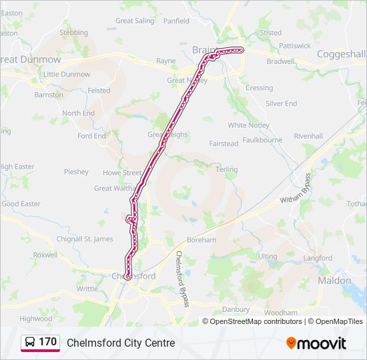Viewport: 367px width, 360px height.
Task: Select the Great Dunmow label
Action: coord(31,59)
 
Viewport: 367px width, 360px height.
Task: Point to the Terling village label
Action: coord(226,169)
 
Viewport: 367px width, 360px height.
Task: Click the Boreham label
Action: coord(202,240)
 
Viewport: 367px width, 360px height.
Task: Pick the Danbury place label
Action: coord(235,309)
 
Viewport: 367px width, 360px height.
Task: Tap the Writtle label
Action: coord(87,289)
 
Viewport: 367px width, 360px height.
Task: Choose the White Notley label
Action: coord(248,125)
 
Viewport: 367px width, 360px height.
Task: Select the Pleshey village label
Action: coord(76,172)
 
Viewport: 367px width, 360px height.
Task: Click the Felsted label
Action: coord(99,91)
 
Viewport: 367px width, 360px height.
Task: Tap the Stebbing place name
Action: coord(73,33)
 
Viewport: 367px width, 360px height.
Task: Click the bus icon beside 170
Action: coord(29,343)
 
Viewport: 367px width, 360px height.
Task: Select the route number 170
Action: coord(48,342)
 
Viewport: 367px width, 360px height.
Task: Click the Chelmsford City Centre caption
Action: coord(121,343)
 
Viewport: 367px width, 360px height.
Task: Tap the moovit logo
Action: coord(316,343)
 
